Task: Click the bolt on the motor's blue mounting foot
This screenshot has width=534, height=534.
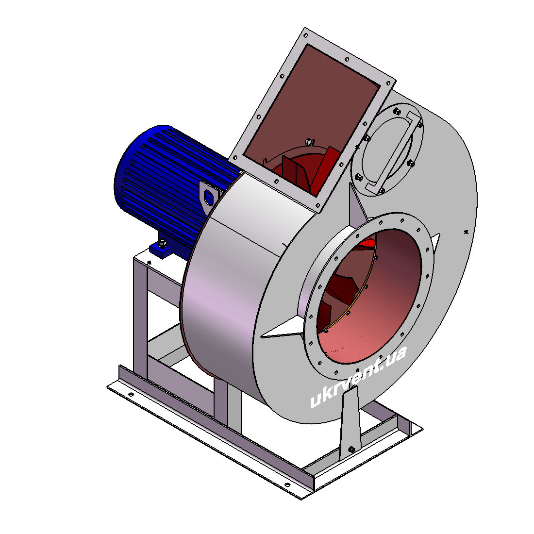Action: pyautogui.click(x=163, y=243)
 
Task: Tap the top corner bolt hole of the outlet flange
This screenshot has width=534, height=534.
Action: pyautogui.click(x=305, y=35)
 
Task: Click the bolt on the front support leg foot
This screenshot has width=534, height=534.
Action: pyautogui.click(x=352, y=450)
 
